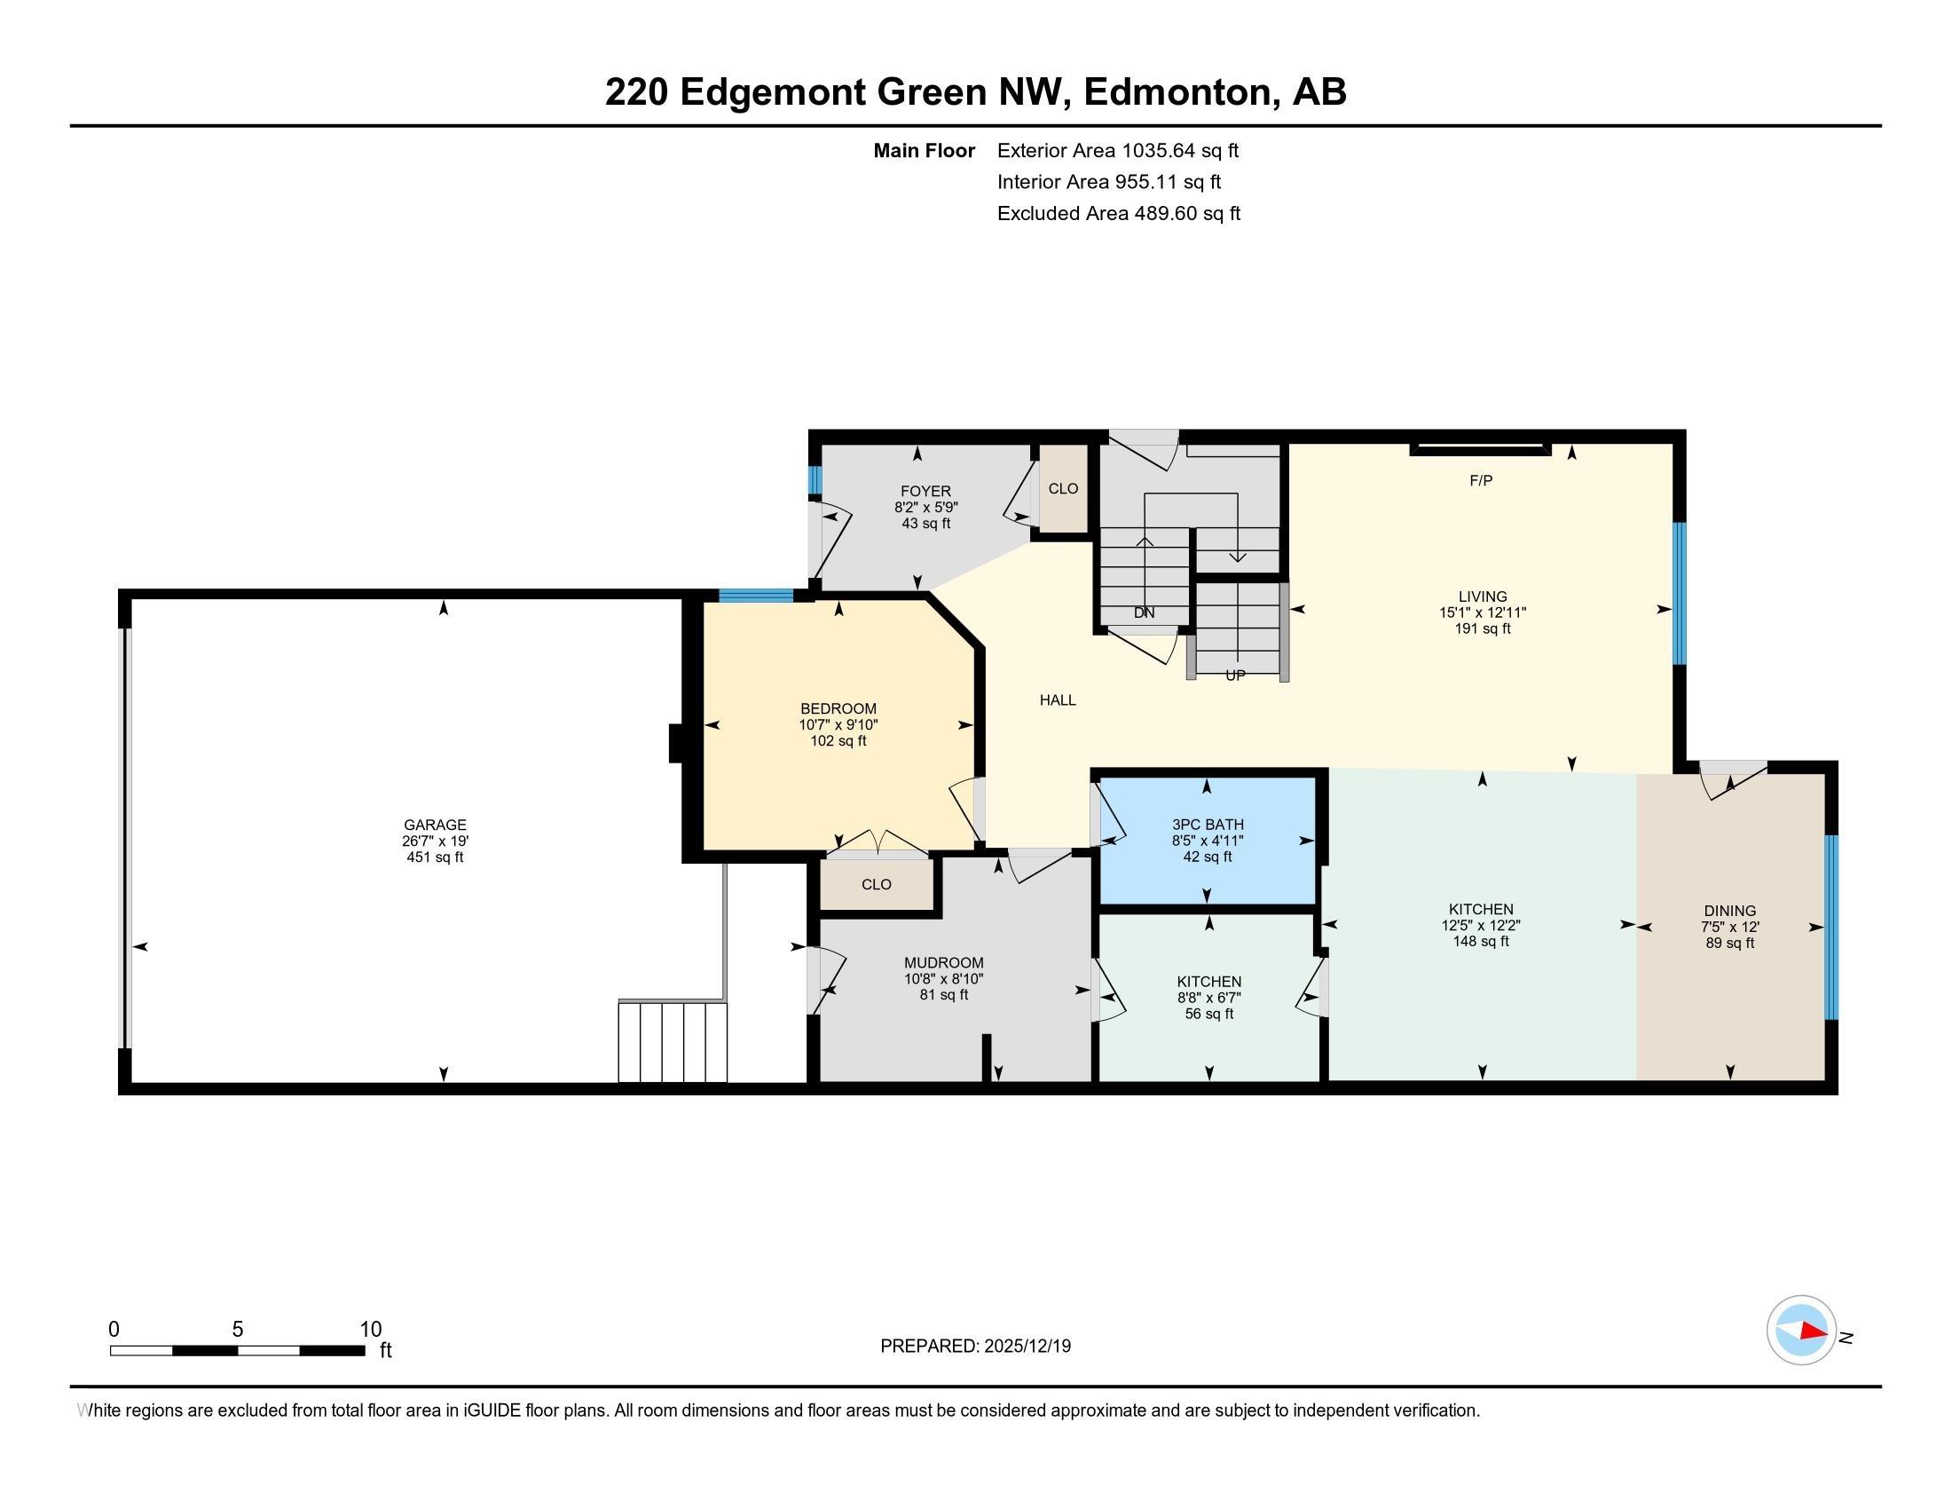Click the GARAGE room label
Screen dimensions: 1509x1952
click(x=435, y=825)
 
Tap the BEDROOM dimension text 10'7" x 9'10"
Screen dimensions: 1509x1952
click(x=838, y=725)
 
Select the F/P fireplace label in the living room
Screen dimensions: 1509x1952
click(x=1480, y=481)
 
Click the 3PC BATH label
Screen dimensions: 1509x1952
click(x=1208, y=825)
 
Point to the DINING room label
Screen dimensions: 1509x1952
click(x=1728, y=910)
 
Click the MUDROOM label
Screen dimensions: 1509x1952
click(x=943, y=963)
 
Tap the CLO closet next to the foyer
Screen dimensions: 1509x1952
click(x=1063, y=488)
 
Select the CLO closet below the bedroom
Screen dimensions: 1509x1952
click(x=876, y=884)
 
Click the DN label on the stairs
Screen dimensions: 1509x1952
click(x=1143, y=613)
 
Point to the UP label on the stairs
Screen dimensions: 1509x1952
click(x=1234, y=675)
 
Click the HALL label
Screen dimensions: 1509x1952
click(x=1057, y=700)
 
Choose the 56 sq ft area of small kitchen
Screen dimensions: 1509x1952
click(x=1208, y=1014)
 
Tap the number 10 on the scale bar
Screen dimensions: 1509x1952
click(x=370, y=1330)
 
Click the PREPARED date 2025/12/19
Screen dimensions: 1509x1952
click(x=1026, y=1347)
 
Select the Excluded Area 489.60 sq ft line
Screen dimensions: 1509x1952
click(x=1118, y=214)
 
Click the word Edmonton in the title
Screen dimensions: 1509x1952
click(x=1179, y=92)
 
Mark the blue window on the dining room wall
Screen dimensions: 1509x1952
click(x=1830, y=927)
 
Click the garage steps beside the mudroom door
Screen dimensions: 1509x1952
click(x=673, y=1041)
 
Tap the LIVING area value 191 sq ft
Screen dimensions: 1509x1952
click(x=1482, y=628)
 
